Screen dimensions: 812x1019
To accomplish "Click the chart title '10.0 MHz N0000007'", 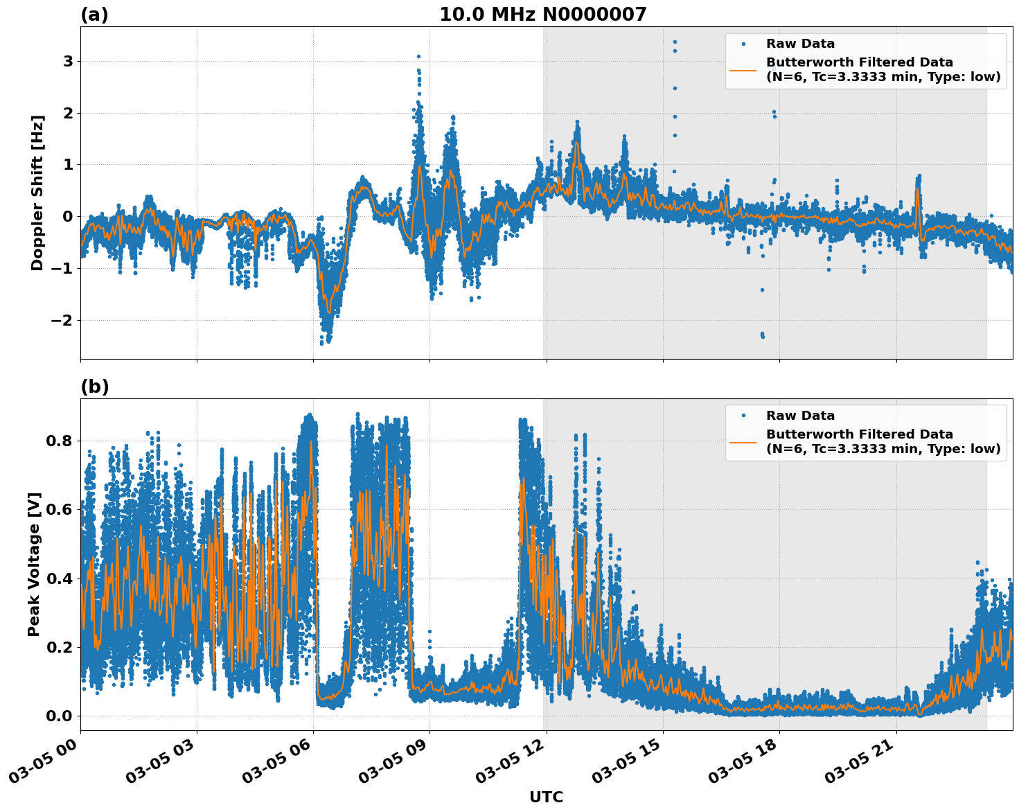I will click(542, 15).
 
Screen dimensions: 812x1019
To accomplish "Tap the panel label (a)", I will click(94, 15).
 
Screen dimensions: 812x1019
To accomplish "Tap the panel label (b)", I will click(94, 387).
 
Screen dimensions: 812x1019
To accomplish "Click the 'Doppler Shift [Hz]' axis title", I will click(37, 193).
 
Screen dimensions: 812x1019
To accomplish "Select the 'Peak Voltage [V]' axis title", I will click(34, 564).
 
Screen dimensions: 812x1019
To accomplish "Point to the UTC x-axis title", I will click(546, 797).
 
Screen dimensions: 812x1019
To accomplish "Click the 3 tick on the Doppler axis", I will click(68, 62).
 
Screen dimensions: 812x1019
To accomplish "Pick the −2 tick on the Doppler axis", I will click(62, 320).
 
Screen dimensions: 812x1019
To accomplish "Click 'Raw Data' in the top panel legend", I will click(800, 44).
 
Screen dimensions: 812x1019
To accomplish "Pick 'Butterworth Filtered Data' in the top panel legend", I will click(859, 62).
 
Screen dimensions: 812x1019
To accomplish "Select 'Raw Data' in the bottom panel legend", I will click(800, 416).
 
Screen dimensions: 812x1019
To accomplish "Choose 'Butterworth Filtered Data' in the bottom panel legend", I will click(859, 434).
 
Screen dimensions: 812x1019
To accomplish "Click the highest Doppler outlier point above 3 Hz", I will click(675, 42).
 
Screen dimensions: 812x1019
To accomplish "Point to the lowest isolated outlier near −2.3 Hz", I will click(763, 337).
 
